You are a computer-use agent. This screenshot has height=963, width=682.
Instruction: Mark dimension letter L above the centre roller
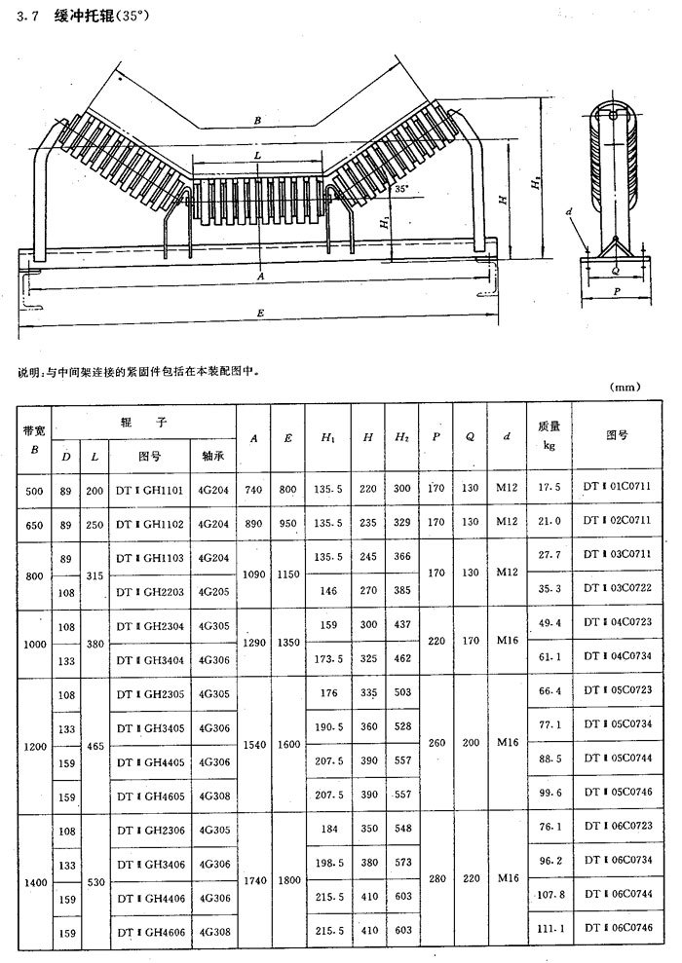click(256, 156)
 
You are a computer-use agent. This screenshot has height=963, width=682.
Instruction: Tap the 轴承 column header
click(213, 454)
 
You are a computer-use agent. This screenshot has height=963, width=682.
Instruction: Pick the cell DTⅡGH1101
click(149, 492)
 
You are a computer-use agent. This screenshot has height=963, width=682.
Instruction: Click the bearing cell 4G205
click(213, 590)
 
